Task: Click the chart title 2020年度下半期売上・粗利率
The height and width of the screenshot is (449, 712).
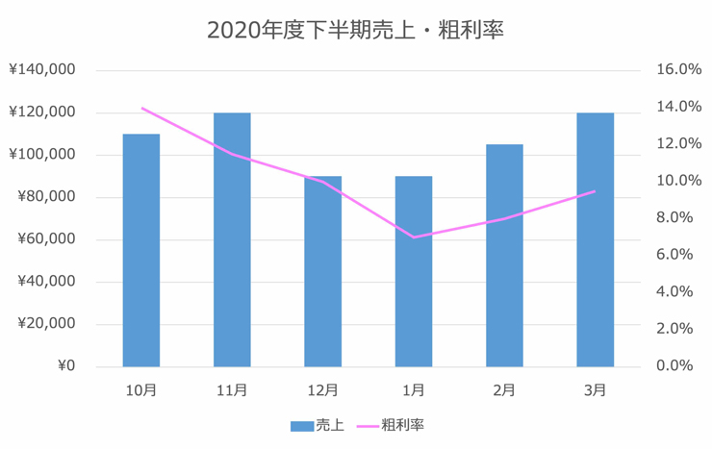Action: (x=355, y=30)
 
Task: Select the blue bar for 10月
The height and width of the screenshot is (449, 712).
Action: (x=141, y=250)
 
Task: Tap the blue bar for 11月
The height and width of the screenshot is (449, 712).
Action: (x=232, y=239)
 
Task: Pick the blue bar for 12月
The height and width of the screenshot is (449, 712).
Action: (x=322, y=271)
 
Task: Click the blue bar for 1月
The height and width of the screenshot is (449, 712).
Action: (x=414, y=271)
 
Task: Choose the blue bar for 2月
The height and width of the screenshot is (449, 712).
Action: (x=504, y=256)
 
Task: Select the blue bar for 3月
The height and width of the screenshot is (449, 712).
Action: (x=595, y=239)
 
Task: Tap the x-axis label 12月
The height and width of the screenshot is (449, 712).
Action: (x=322, y=389)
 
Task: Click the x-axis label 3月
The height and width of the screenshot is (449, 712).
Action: (x=595, y=389)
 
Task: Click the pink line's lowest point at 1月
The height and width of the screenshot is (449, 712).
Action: (x=414, y=237)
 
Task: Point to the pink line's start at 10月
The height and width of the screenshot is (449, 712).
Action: (x=141, y=108)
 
